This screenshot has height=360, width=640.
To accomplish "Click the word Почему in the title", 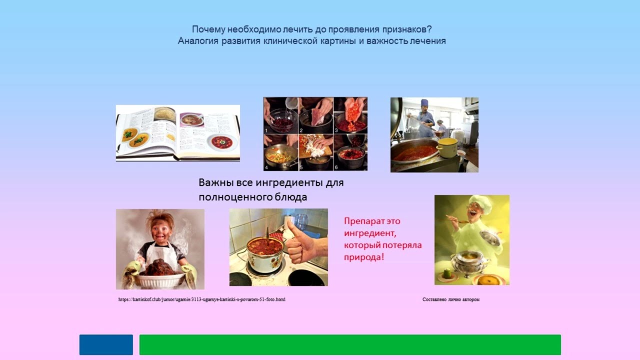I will pyautogui.click(x=206, y=29).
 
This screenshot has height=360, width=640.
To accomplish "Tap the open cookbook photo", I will pyautogui.click(x=177, y=133).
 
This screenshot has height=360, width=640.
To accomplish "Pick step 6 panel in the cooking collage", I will pyautogui.click(x=350, y=152).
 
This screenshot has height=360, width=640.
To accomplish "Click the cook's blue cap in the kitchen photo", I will pyautogui.click(x=424, y=102).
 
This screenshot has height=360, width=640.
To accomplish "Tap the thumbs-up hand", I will pyautogui.click(x=303, y=242).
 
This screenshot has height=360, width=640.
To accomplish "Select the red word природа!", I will pyautogui.click(x=364, y=257).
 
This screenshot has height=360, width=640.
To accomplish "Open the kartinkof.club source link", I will pyautogui.click(x=201, y=299).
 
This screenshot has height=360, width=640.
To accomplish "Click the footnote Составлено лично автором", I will pyautogui.click(x=450, y=299).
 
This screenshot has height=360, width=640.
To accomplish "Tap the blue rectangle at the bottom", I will pyautogui.click(x=106, y=344).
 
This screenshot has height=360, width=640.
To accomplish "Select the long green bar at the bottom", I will pyautogui.click(x=350, y=344).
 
